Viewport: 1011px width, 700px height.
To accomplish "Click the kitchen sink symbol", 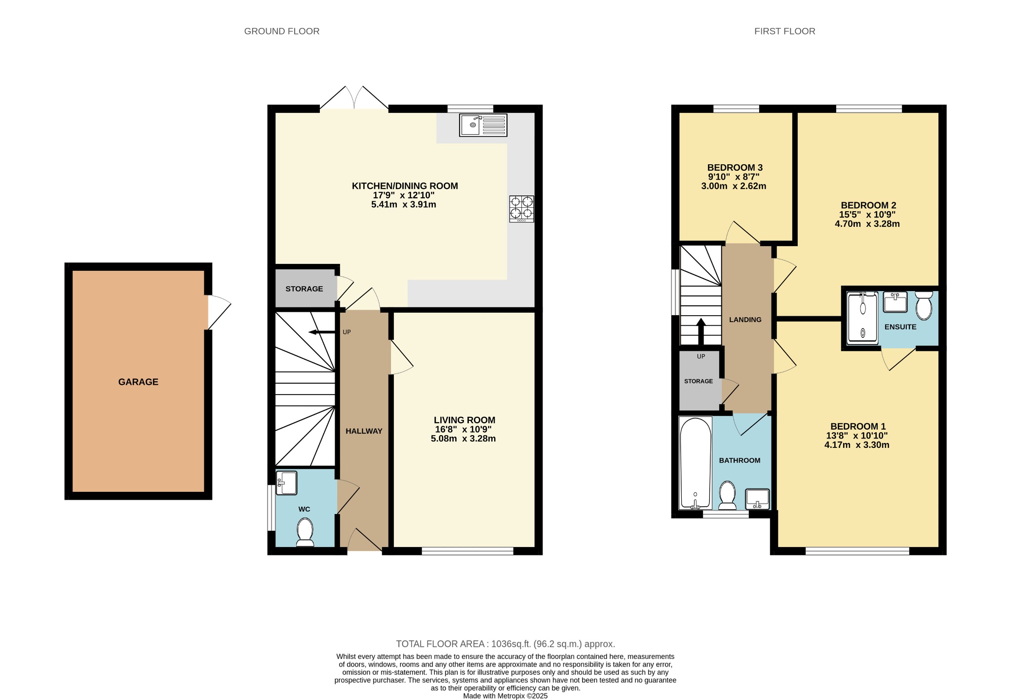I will (x=483, y=125).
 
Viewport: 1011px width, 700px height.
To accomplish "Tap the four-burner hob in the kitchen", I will (x=522, y=208).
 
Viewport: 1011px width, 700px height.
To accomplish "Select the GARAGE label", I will (x=138, y=382).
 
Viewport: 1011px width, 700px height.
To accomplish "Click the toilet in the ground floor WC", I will (x=305, y=532).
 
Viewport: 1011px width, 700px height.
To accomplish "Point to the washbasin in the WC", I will (x=287, y=482).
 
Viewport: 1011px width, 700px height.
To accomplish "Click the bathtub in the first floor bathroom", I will (x=695, y=463).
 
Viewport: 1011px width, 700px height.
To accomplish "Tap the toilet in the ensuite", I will (x=924, y=306).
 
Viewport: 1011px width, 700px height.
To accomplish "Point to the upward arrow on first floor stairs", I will (x=700, y=331).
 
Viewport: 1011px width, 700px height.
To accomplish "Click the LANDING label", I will (x=745, y=320).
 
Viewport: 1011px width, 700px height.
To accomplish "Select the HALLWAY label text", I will (x=364, y=431).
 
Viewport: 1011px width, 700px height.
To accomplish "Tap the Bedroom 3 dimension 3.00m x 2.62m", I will (x=734, y=186).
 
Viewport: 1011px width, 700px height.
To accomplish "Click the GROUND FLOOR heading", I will (x=282, y=31).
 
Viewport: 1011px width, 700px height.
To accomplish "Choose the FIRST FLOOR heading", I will (x=784, y=31).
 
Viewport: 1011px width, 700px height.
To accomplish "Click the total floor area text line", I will (x=505, y=644).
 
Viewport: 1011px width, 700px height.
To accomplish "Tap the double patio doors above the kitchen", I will (x=354, y=98).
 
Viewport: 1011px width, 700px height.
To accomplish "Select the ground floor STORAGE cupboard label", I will (x=304, y=289).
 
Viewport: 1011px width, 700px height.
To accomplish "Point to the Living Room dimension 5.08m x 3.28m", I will (x=463, y=439).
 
